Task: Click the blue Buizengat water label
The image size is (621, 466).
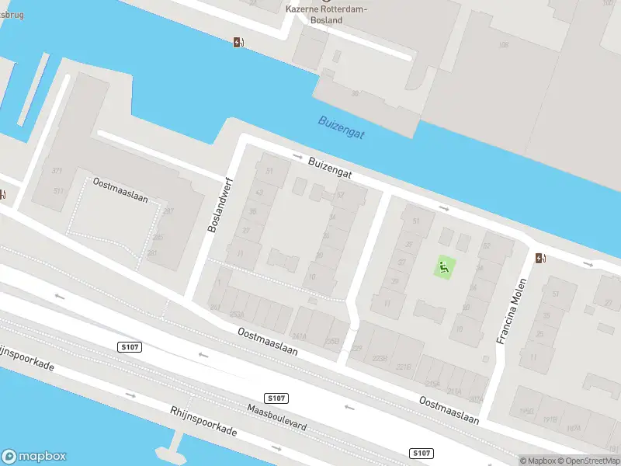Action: tap(341, 128)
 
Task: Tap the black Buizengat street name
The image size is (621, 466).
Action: tap(329, 169)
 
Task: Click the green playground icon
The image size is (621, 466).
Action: tap(444, 269)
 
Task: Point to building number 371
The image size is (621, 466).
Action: tap(57, 170)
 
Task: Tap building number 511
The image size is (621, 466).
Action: tap(59, 190)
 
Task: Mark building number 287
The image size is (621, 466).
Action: tap(168, 211)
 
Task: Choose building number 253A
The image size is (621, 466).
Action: tap(237, 314)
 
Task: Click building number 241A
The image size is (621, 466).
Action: tap(299, 337)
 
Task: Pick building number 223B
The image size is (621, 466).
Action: tap(380, 358)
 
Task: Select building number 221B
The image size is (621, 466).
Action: tap(403, 367)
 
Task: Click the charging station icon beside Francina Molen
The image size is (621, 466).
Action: tap(541, 258)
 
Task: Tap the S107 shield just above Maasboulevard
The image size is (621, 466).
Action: tap(277, 398)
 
